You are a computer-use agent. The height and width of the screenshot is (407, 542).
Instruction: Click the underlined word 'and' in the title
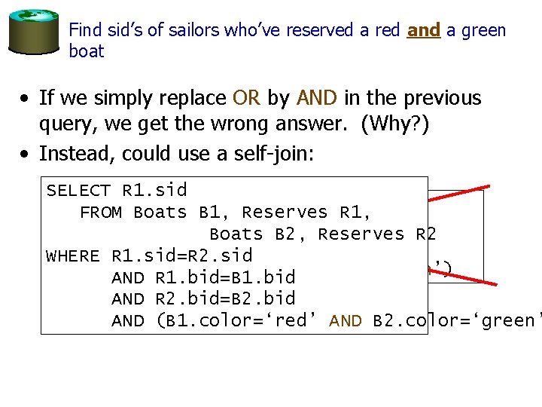[423, 31]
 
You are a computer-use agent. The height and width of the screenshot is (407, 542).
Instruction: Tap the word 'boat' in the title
[86, 52]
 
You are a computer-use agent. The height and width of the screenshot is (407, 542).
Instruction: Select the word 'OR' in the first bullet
[246, 99]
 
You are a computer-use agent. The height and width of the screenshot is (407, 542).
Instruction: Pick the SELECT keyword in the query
[79, 191]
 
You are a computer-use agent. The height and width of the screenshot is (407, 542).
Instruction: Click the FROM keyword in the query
[102, 213]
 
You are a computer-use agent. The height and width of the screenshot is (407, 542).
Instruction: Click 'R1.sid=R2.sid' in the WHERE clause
[181, 256]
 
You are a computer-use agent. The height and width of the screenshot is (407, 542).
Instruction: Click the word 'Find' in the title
[82, 31]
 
